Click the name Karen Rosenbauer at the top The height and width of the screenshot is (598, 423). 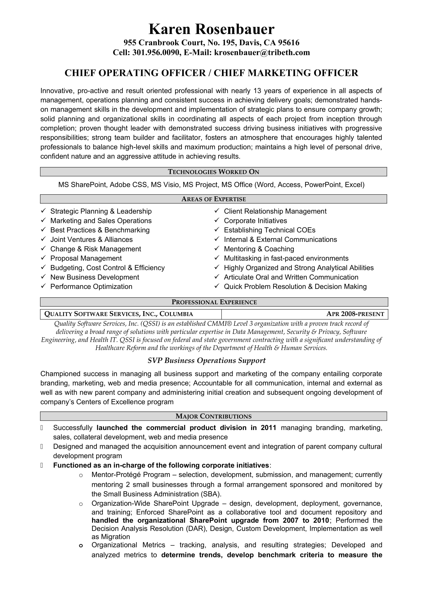(211, 29)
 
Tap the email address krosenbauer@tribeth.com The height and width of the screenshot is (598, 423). (262, 53)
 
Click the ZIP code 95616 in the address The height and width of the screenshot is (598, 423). (288, 42)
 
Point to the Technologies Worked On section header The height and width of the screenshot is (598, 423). (213, 172)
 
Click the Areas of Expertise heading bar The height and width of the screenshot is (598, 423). (213, 199)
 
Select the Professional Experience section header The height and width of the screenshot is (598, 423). (214, 302)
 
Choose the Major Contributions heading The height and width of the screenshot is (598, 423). (213, 416)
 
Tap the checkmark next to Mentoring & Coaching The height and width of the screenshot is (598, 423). (217, 249)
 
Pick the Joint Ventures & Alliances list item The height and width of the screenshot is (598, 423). (91, 240)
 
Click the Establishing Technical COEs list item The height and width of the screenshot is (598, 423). (270, 230)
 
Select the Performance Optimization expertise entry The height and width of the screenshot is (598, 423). (91, 287)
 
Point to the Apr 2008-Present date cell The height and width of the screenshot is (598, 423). (355, 314)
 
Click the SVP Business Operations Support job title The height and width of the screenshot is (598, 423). (207, 360)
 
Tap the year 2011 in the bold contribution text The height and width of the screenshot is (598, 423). (268, 428)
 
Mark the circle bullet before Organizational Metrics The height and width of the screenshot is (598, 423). (81, 546)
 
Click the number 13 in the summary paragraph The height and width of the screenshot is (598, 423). (257, 91)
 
